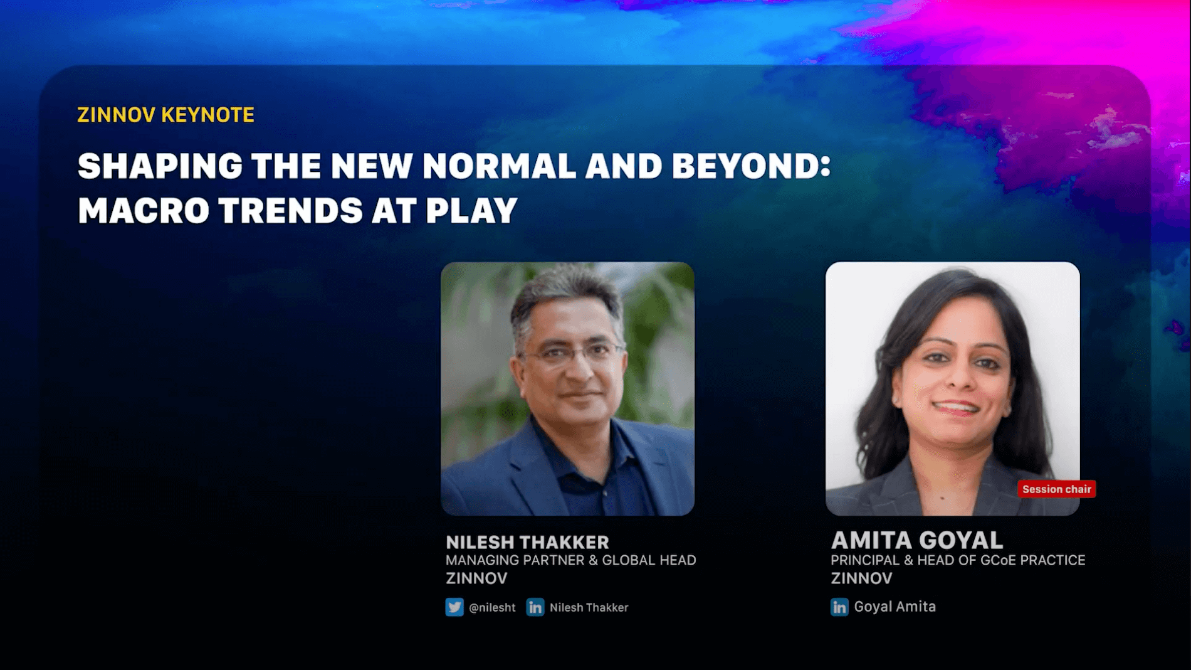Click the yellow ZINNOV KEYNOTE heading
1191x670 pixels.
[165, 115]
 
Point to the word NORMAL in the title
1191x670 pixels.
[499, 166]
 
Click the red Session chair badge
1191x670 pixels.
[1056, 489]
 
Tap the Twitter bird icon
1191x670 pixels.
[454, 607]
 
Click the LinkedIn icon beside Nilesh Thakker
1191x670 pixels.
[535, 607]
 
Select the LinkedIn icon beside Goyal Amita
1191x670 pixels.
[839, 607]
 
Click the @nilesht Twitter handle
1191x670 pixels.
[492, 607]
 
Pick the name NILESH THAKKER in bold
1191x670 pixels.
[527, 542]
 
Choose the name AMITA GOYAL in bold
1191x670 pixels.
[916, 540]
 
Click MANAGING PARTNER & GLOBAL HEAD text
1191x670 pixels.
[570, 560]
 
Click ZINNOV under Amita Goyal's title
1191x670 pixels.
[861, 578]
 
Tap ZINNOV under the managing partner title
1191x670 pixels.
[476, 578]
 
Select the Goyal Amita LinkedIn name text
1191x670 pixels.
[895, 607]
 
